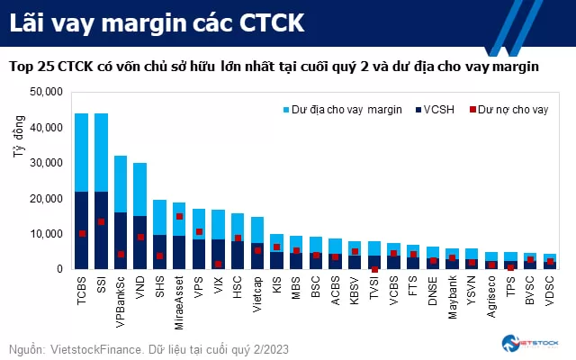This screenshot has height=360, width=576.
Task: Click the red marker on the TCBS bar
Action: click(x=82, y=233)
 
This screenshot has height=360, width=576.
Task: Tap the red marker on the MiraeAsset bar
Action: click(x=179, y=216)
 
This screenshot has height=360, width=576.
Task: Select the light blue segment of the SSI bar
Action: click(x=101, y=152)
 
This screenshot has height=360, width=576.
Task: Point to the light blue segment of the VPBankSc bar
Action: click(x=121, y=184)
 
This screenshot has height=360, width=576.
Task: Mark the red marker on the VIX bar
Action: click(x=218, y=264)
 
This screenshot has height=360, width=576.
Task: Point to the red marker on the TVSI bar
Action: click(x=374, y=268)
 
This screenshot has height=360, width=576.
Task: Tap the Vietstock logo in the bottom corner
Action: click(x=530, y=344)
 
